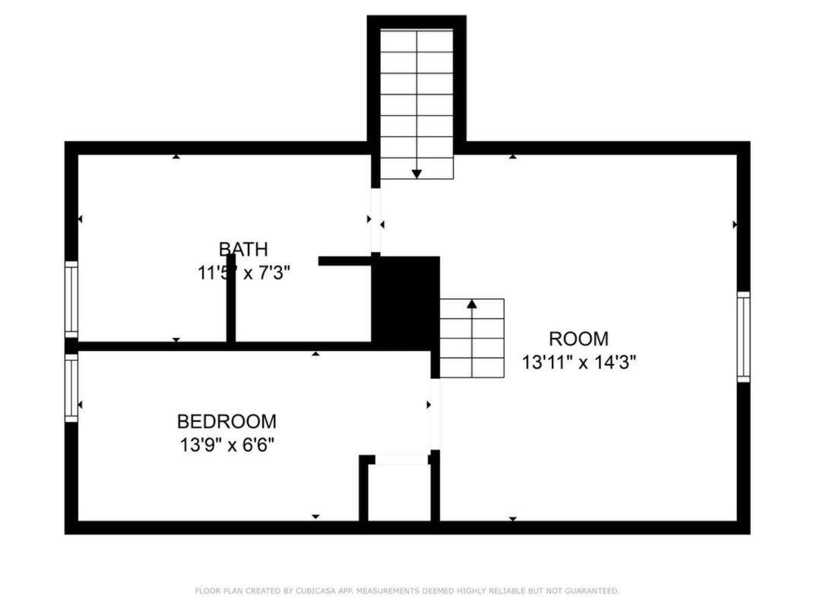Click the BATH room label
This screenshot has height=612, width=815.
click(x=243, y=249)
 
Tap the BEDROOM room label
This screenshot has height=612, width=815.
click(x=227, y=421)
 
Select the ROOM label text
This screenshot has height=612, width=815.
click(x=579, y=339)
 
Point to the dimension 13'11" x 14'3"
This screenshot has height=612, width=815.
click(x=579, y=362)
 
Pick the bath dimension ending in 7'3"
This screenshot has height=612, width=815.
click(x=244, y=273)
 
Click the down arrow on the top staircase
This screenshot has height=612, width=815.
click(x=417, y=173)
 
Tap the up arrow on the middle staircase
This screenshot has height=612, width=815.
click(x=471, y=304)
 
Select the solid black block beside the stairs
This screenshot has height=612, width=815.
click(x=405, y=303)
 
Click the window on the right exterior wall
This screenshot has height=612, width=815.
click(x=743, y=336)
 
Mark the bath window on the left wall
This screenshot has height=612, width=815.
click(x=71, y=298)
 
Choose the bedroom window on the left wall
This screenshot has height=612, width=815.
click(x=71, y=387)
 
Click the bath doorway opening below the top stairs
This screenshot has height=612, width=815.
click(x=375, y=220)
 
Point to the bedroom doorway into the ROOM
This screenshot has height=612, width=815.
click(x=434, y=414)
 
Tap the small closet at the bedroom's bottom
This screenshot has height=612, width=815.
click(x=399, y=491)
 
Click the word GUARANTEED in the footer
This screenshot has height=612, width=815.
click(x=591, y=591)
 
